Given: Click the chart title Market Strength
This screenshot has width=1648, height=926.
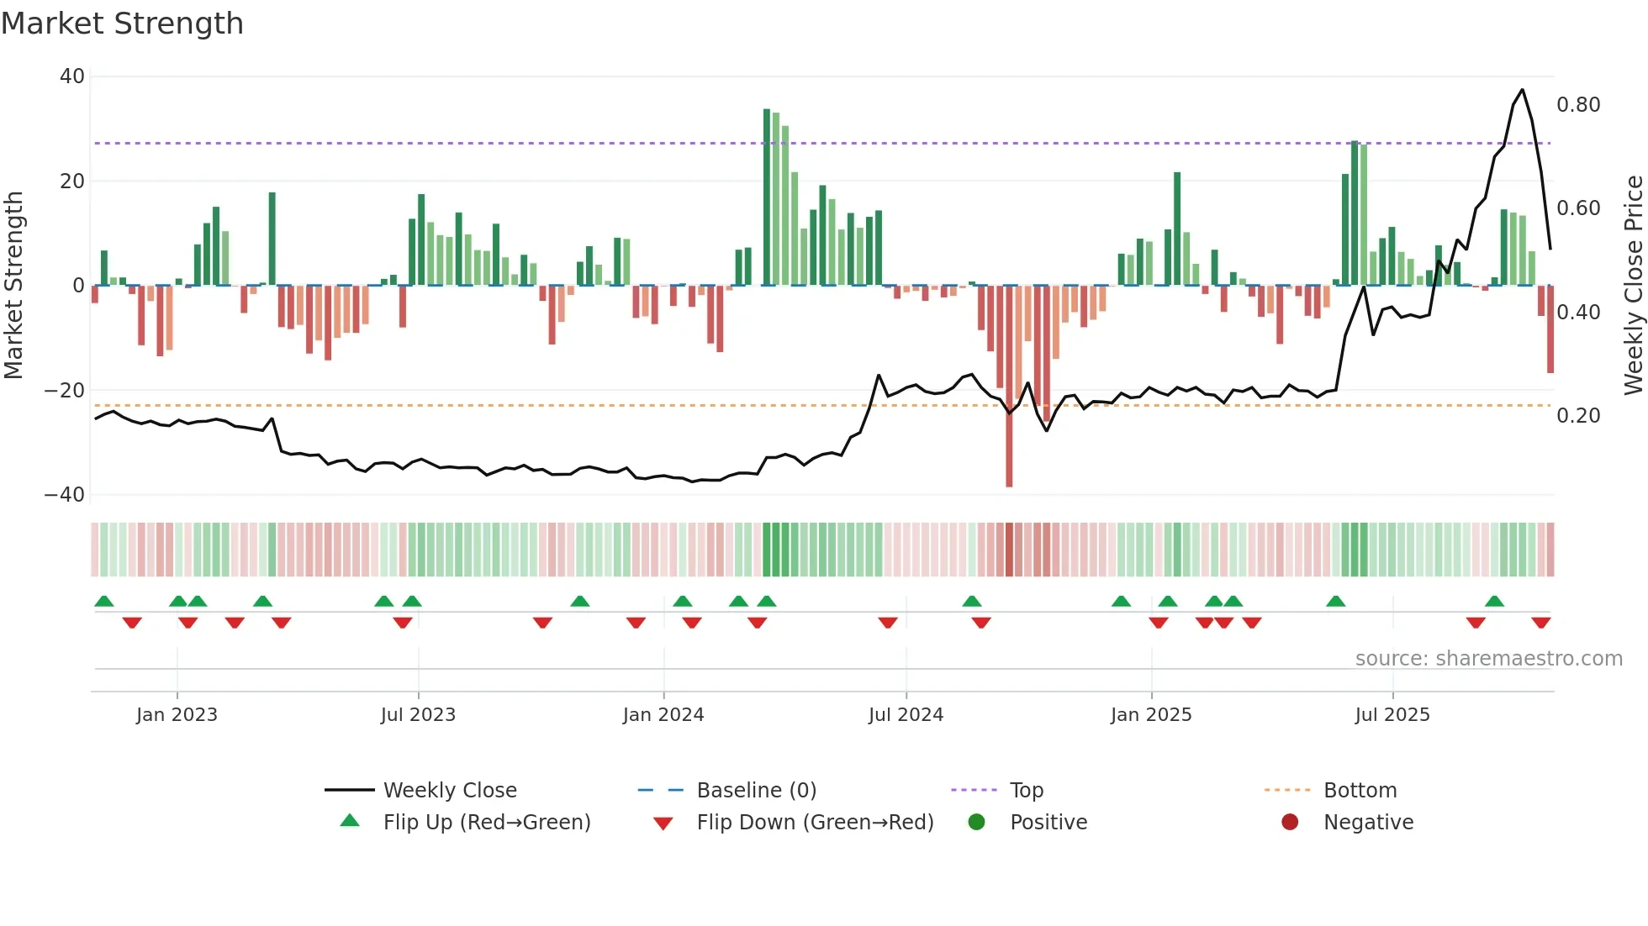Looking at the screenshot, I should (x=122, y=24).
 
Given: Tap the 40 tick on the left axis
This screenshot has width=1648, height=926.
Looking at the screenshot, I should (x=72, y=76).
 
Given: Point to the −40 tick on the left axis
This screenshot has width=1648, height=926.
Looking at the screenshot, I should (x=65, y=495).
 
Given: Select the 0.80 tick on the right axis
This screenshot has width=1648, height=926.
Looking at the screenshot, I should (x=1578, y=105).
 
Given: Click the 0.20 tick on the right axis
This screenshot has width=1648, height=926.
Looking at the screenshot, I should (x=1578, y=416).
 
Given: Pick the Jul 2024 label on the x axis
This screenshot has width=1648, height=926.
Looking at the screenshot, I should (x=906, y=715).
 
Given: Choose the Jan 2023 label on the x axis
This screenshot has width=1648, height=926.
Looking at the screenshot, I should (x=177, y=715).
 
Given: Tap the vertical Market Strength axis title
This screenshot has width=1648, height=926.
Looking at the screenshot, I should (x=13, y=286).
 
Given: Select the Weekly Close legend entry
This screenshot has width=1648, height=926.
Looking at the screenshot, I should (x=450, y=791).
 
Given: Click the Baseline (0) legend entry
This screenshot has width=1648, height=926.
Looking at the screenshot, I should (x=756, y=791).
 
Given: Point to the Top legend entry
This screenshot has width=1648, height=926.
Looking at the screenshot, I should (x=1026, y=791).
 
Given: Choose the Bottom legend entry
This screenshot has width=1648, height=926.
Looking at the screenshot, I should (x=1360, y=791).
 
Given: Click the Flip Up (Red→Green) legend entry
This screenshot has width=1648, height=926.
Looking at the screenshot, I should (x=487, y=823).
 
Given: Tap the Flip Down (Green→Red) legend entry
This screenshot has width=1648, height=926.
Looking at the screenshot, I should (x=815, y=823).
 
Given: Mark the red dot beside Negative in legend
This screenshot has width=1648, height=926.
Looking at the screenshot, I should (x=1290, y=822).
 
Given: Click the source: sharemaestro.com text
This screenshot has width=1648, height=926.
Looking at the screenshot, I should (x=1488, y=659).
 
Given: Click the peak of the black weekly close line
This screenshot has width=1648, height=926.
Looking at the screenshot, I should (x=1522, y=90).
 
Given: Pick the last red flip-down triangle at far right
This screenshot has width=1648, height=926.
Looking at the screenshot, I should (x=1540, y=623).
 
